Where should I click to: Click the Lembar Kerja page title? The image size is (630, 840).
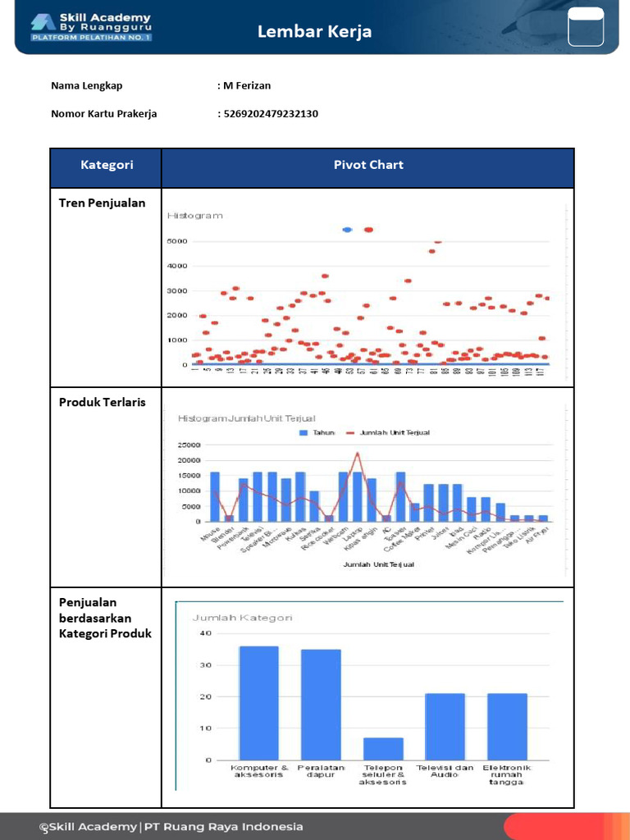(x=314, y=32)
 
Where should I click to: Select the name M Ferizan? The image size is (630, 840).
(x=247, y=85)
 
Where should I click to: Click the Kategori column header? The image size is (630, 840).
(x=107, y=165)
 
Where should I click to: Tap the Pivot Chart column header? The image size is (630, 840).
(x=368, y=165)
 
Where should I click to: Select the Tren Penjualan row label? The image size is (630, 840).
(x=103, y=203)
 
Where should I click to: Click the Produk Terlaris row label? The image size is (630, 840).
(x=103, y=402)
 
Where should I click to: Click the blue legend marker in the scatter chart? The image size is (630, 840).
(x=347, y=230)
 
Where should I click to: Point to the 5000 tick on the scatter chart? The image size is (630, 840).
(x=177, y=242)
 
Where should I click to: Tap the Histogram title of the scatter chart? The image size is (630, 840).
(x=195, y=216)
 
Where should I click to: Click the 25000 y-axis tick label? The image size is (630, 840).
(x=189, y=445)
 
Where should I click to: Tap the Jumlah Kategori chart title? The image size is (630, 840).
(x=243, y=618)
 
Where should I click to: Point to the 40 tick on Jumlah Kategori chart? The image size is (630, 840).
(x=205, y=633)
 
